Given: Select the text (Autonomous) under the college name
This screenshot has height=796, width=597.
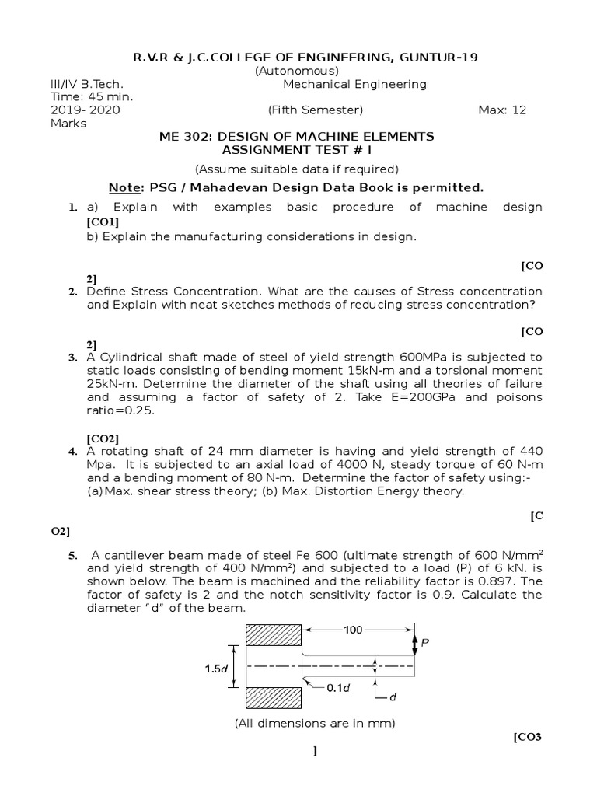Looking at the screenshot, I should tap(297, 71).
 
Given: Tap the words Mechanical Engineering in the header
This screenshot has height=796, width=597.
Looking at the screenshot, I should tap(354, 84).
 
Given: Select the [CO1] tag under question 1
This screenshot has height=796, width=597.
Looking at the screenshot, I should tap(103, 222).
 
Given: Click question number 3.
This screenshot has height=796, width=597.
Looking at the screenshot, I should tap(72, 358).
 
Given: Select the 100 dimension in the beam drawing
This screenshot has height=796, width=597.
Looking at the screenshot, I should tap(353, 630).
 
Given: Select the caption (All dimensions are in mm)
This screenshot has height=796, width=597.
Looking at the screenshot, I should tap(315, 724).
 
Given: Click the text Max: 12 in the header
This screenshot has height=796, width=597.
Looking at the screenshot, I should tap(502, 110).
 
